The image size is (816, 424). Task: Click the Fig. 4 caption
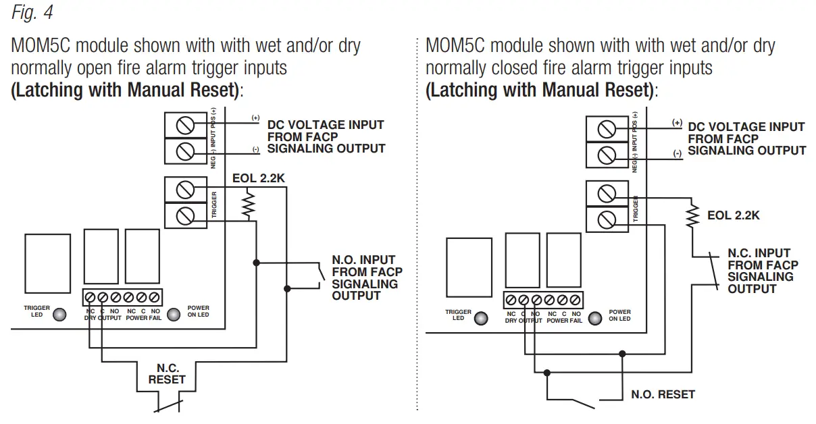[x=32, y=12]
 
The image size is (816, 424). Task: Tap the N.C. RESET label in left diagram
[x=167, y=374]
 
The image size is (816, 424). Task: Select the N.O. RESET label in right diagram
[x=663, y=394]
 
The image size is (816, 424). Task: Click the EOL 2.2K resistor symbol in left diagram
[x=248, y=205]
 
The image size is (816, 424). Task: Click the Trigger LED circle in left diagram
[x=59, y=314]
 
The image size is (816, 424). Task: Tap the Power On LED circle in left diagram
[x=174, y=314]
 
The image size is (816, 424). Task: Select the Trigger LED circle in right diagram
[x=480, y=318]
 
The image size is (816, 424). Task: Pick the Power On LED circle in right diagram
[x=594, y=318]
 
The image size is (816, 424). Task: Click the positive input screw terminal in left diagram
[x=185, y=126]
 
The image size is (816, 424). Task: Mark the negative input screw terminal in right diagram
[x=607, y=155]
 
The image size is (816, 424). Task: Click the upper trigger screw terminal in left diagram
[x=185, y=188]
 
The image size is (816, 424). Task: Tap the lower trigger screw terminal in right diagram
[x=607, y=219]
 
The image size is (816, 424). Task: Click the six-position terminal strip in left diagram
[x=122, y=297]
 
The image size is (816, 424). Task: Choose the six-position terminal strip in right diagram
[x=542, y=300]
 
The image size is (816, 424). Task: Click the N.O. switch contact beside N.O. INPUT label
[x=318, y=276]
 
